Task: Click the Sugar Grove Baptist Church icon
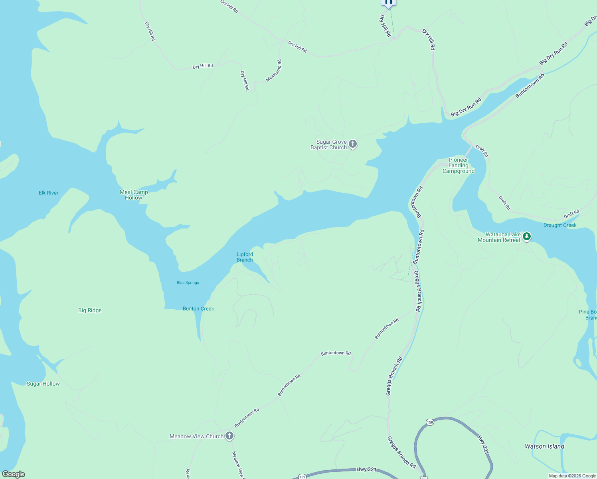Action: [x=352, y=144]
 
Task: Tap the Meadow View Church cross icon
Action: [x=229, y=435]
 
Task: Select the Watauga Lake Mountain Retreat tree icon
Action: [x=527, y=237]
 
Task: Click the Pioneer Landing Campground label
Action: [x=459, y=165]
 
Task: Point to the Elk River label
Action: [x=48, y=193]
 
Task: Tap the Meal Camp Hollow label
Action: [x=134, y=195]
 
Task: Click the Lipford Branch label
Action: [x=245, y=257]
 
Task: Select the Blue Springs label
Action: [x=188, y=283]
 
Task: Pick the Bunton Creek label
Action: [x=198, y=309]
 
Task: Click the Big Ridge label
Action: [x=90, y=310]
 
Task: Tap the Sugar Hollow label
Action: [x=43, y=384]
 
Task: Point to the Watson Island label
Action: [x=544, y=446]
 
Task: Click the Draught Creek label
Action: [x=559, y=225]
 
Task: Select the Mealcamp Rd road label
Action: [x=274, y=71]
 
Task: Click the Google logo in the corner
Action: [x=13, y=474]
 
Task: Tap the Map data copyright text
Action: [x=572, y=476]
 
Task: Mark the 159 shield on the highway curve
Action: [x=429, y=422]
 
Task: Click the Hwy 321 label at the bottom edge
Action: [x=366, y=469]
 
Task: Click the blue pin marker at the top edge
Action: [x=388, y=3]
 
